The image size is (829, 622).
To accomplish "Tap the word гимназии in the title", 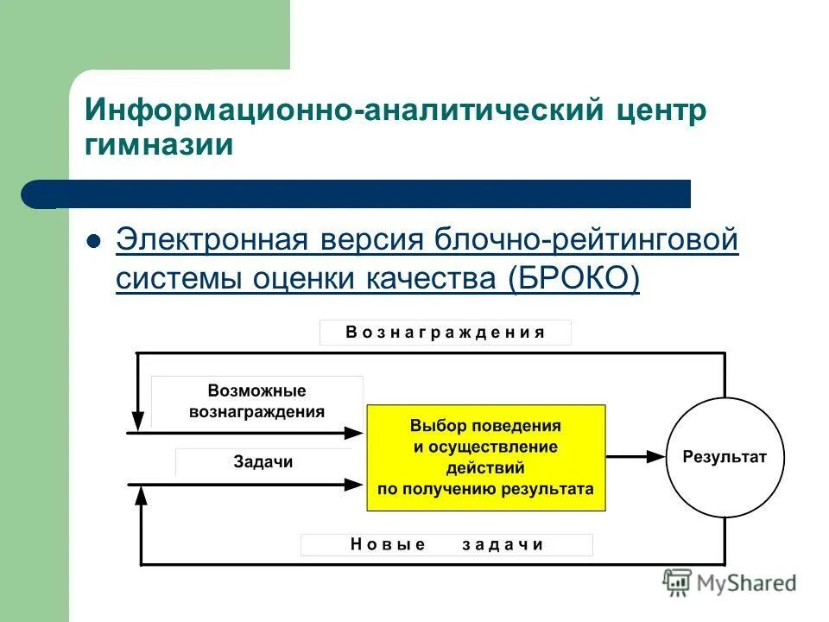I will [x=159, y=143].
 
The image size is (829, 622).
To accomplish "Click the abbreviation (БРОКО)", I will [x=573, y=279].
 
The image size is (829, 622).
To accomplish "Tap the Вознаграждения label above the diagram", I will [x=446, y=333].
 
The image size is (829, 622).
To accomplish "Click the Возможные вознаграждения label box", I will [x=256, y=402].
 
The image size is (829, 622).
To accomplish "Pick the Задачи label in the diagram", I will [x=263, y=461].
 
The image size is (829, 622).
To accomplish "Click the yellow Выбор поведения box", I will [x=485, y=458].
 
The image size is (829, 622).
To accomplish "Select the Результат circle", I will [x=725, y=458].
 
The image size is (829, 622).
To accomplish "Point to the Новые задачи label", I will [x=446, y=544].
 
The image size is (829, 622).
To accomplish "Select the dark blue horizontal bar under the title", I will [x=363, y=194].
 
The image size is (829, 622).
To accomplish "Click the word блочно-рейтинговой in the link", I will [x=589, y=239].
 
